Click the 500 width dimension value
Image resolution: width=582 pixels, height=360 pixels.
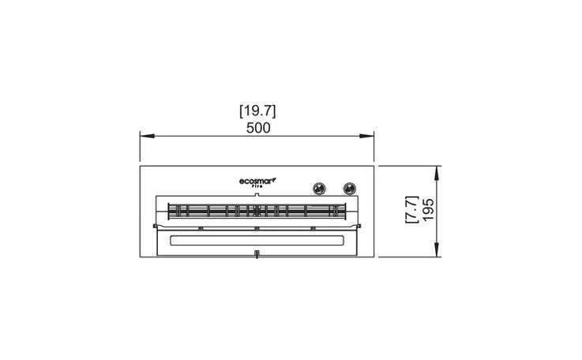tap(258, 128)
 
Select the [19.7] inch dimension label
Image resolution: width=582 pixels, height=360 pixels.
tap(257, 111)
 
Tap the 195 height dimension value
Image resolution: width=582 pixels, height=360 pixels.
tap(428, 209)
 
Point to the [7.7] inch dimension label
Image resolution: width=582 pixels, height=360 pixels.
tap(411, 209)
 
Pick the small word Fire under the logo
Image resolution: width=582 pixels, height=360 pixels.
tap(257, 186)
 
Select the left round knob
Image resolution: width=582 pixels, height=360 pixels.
tap(319, 189)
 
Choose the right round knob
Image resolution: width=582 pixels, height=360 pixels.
tap(349, 189)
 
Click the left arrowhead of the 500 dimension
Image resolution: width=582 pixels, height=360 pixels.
tap(147, 137)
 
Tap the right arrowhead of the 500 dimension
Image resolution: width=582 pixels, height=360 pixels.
tap(366, 137)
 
